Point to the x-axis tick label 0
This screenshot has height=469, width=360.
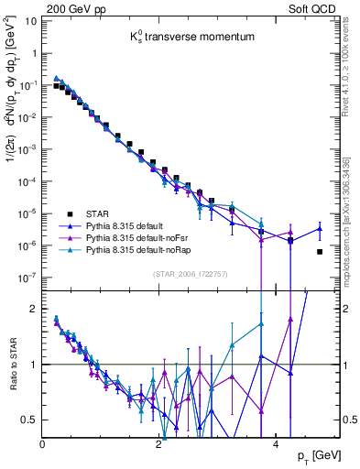pyautogui.click(x=43, y=444)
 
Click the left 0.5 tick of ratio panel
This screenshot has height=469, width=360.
pyautogui.click(x=29, y=420)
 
